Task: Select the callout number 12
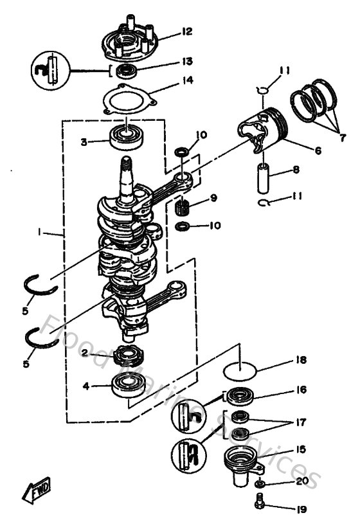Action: (x=186, y=31)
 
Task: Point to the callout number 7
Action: (x=343, y=137)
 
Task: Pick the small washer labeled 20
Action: (x=258, y=482)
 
